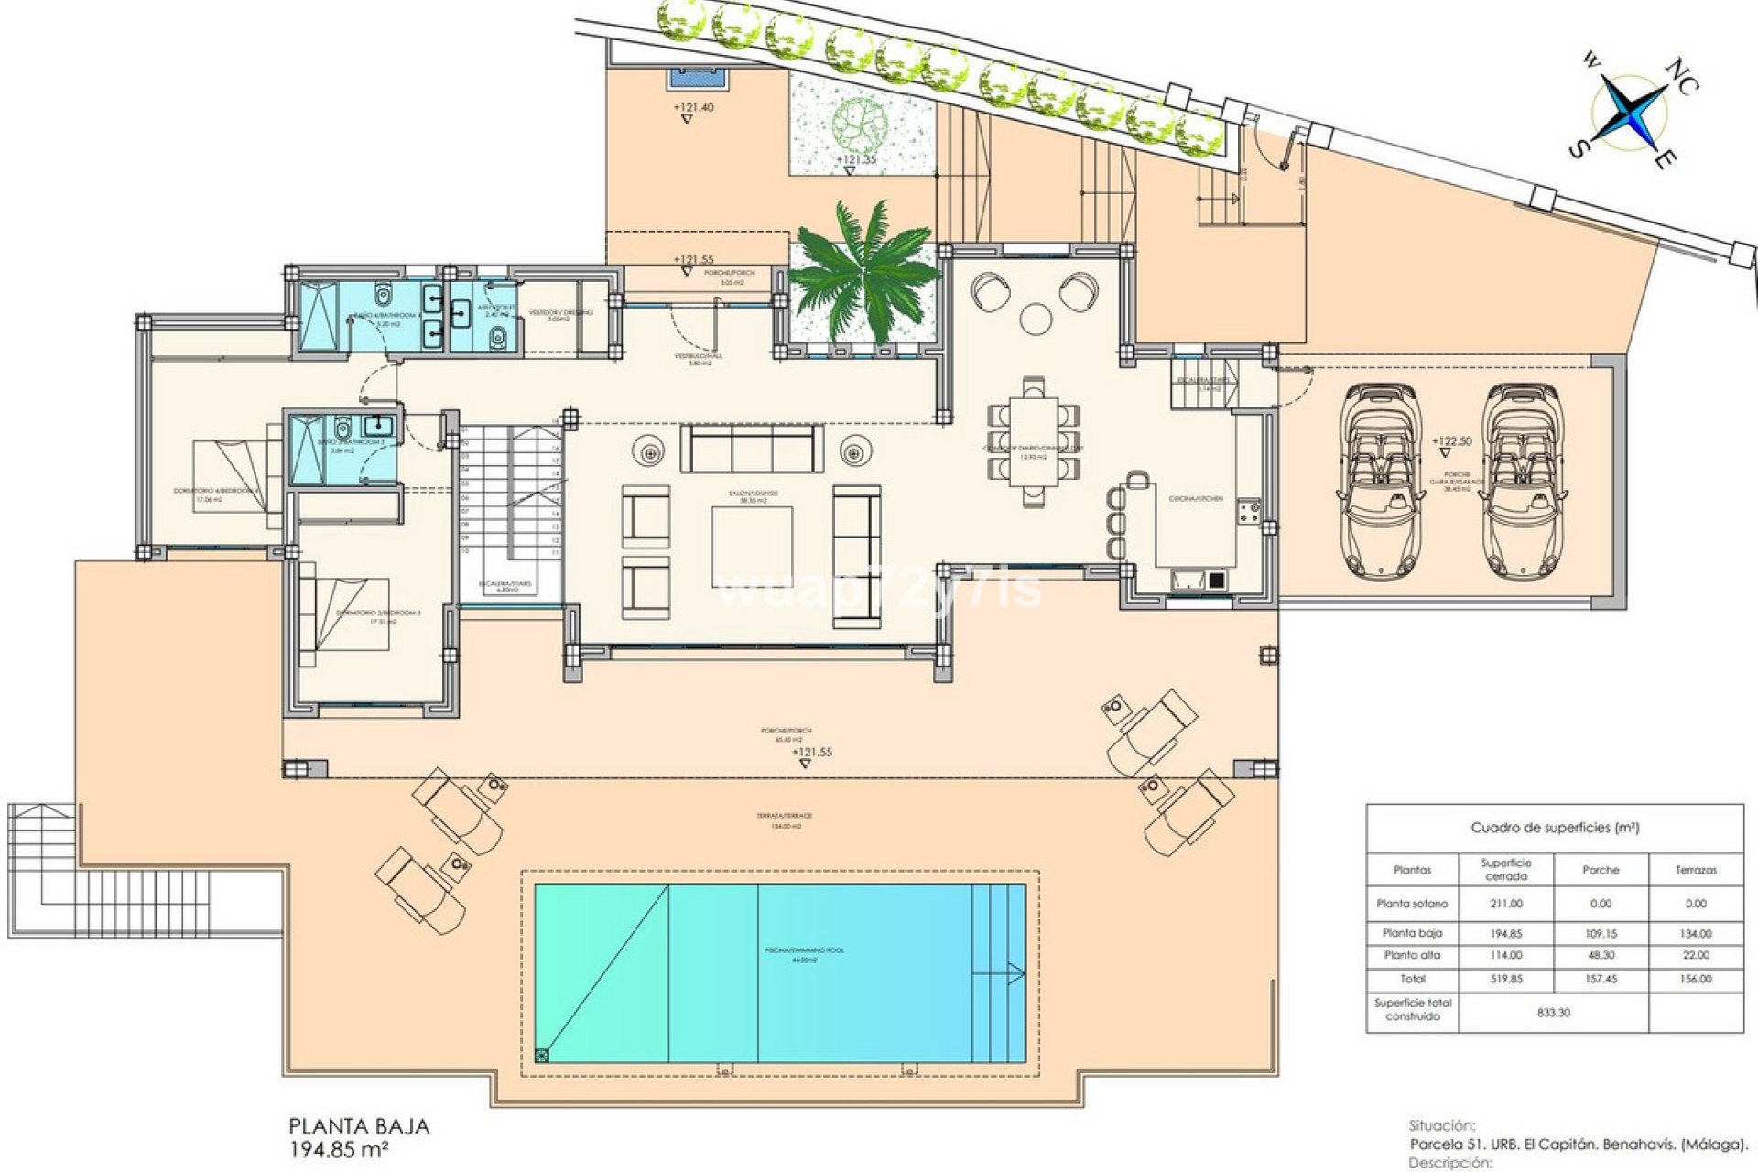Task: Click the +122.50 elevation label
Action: tap(1452, 441)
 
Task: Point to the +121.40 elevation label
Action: tap(693, 108)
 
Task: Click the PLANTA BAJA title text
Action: tap(359, 1126)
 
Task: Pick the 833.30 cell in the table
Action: tap(1554, 1013)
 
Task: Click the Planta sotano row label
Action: tap(1412, 904)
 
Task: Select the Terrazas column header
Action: tap(1696, 870)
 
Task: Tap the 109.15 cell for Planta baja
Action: tap(1601, 934)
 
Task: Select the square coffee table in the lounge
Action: tap(752, 547)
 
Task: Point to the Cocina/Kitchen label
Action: tap(1195, 499)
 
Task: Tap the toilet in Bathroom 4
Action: tap(383, 295)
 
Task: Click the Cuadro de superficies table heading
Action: tap(1554, 828)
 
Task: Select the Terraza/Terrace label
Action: tap(785, 816)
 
